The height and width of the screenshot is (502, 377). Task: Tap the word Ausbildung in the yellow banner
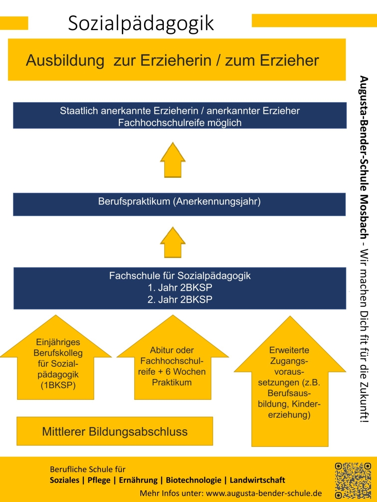pos(65,61)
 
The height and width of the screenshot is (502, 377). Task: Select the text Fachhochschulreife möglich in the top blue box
pos(180,123)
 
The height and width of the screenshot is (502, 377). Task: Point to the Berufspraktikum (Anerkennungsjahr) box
pos(179,202)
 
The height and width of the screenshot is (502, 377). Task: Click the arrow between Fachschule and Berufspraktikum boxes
pos(173,242)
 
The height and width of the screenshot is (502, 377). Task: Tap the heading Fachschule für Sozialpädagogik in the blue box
pos(180,276)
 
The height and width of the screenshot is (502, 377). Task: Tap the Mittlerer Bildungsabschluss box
pos(114,431)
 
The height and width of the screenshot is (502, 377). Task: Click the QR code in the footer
pos(353,479)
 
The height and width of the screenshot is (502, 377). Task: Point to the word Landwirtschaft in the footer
pos(258,480)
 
